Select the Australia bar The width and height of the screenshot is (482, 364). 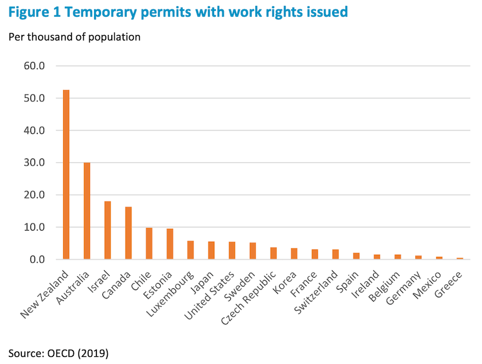[87, 211]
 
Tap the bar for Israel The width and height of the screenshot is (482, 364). [108, 230]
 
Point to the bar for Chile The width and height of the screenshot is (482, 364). [149, 244]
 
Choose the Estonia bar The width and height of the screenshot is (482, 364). [170, 244]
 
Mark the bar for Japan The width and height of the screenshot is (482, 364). [211, 250]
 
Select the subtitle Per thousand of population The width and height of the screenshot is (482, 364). [74, 37]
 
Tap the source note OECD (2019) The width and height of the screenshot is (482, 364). [58, 353]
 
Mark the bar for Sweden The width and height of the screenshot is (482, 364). [252, 251]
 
